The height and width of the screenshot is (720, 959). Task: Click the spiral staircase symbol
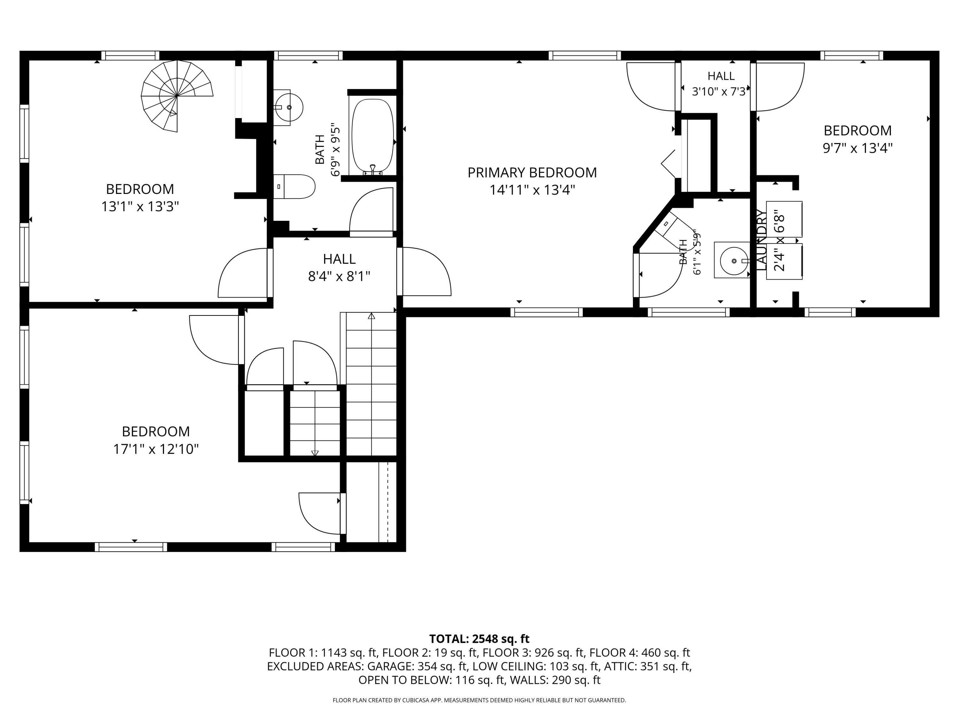coord(177,96)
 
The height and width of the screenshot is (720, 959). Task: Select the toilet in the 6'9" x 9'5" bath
coord(294,187)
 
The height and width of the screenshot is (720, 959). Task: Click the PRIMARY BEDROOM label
coord(532,173)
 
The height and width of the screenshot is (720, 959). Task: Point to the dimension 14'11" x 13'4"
coord(532,190)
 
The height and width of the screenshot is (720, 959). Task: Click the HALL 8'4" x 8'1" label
coord(339,267)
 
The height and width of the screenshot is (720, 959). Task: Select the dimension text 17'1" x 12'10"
coord(156,449)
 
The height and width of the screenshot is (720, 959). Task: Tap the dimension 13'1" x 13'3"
coord(140,207)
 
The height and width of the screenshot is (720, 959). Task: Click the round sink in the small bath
coord(734,261)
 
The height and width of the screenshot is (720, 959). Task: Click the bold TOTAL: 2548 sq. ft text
coord(479,639)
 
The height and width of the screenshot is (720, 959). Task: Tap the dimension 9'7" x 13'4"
coord(858,148)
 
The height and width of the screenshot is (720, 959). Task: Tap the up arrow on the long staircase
coord(371,316)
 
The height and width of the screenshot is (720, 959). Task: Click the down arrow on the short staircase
coord(315,453)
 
